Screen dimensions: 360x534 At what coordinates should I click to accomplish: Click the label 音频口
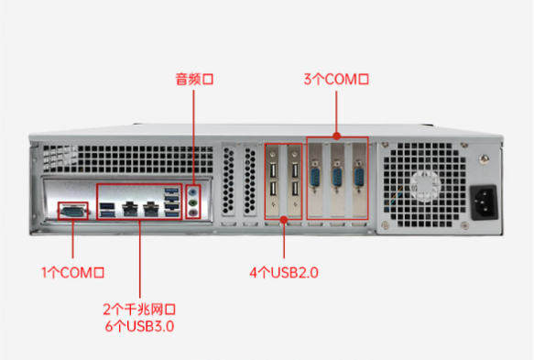point(193,80)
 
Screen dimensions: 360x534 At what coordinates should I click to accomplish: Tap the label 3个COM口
point(336,80)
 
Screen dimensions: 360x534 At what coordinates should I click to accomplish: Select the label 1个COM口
point(73,272)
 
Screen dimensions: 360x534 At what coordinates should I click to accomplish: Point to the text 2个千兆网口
point(139,309)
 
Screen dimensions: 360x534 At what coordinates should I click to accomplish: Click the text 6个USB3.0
point(139,325)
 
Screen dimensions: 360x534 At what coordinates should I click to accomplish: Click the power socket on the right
point(484,201)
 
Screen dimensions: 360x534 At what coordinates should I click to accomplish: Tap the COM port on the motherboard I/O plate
point(72,211)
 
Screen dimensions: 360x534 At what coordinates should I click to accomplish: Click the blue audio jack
point(193,192)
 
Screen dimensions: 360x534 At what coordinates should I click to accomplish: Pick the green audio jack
point(193,202)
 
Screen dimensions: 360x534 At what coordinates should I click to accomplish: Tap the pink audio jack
point(193,213)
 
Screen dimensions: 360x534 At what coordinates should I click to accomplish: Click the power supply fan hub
point(424,181)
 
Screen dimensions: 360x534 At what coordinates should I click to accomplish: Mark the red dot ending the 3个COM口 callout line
point(336,137)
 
